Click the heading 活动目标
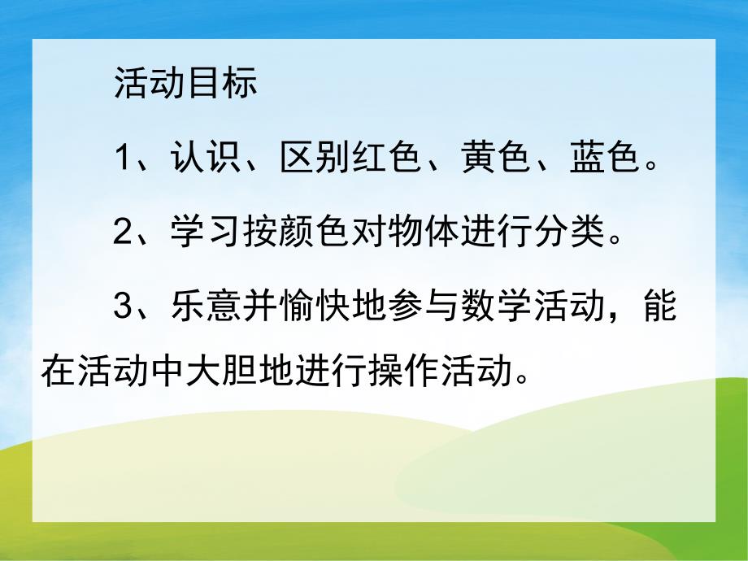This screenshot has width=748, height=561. tap(185, 84)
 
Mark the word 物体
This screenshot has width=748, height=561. tap(420, 234)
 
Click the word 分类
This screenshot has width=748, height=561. tap(562, 234)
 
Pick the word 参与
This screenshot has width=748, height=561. tap(420, 309)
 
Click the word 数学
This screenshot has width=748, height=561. tap(490, 309)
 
